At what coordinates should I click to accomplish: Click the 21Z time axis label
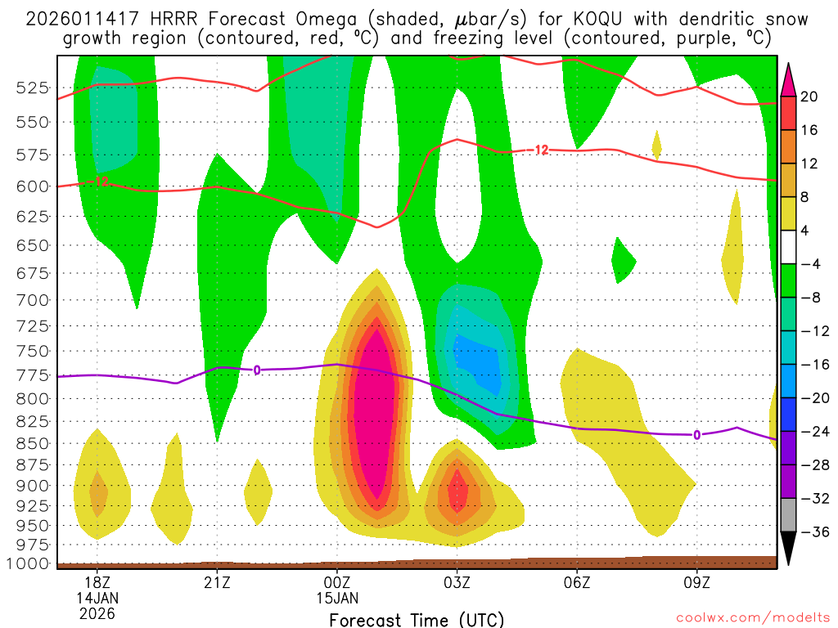(x=217, y=582)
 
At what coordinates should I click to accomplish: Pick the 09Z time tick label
(x=696, y=582)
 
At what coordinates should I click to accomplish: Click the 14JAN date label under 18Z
(x=97, y=597)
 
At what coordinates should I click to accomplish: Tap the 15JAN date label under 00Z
(x=337, y=597)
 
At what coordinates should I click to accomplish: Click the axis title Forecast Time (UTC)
(x=417, y=619)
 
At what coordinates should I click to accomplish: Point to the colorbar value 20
(x=809, y=96)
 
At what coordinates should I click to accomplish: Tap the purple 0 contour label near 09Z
(x=696, y=435)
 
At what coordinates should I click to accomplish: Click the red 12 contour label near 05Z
(x=541, y=150)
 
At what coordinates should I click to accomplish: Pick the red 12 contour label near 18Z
(x=101, y=182)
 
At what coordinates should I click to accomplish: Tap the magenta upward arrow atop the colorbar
(x=789, y=79)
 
